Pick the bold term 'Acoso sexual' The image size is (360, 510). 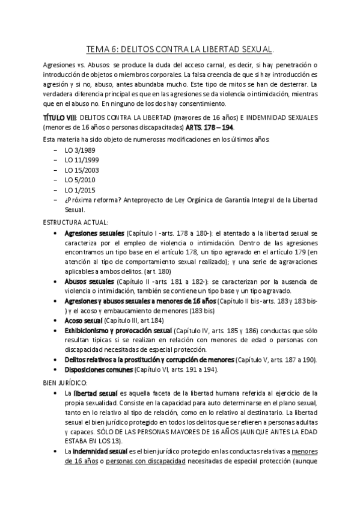tap(83, 321)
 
